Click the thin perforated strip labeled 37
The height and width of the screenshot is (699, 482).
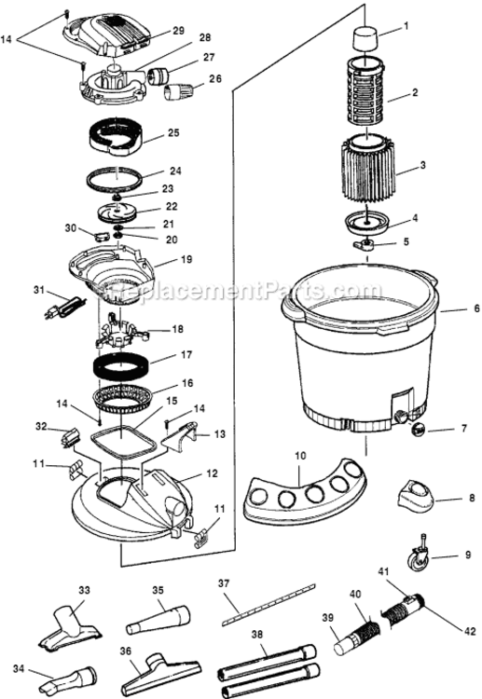[x=253, y=607]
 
